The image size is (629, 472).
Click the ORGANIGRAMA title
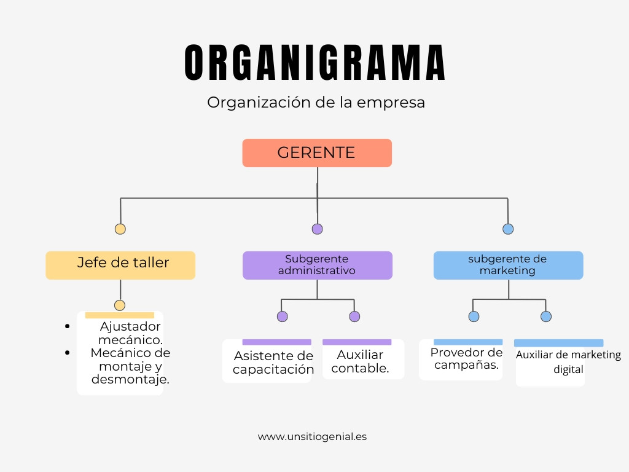tap(315, 62)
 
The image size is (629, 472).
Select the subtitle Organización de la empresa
tap(316, 102)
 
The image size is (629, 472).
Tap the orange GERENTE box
tap(317, 153)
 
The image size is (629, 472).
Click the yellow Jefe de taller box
tap(120, 265)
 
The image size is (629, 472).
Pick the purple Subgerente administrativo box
tap(317, 265)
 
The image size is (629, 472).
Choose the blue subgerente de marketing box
tap(508, 265)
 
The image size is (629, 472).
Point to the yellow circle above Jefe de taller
tap(120, 229)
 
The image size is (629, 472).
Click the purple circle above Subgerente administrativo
tap(317, 229)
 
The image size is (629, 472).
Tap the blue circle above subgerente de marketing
tap(508, 229)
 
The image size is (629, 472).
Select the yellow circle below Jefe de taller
tap(120, 305)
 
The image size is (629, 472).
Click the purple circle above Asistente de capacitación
tap(282, 317)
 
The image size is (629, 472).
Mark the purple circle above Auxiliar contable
tap(354, 317)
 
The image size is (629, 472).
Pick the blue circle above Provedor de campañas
tap(474, 317)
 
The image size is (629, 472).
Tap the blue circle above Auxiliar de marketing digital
tap(546, 317)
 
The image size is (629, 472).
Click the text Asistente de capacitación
tap(273, 363)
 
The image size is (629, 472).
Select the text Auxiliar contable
tap(360, 361)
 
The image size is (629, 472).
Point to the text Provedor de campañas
tap(466, 358)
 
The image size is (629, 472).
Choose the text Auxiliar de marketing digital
tap(568, 362)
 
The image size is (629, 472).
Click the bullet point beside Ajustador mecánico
tap(67, 326)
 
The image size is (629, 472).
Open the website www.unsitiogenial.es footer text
tap(312, 436)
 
